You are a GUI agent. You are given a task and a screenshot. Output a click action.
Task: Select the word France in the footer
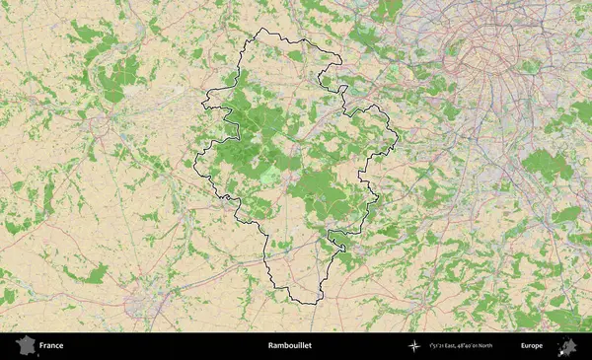pos(51,346)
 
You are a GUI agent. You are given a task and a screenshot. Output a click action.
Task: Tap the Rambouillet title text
pos(289,346)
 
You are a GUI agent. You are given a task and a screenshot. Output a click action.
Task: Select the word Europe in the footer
pos(532,346)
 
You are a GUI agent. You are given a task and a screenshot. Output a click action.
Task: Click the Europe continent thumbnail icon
pos(567,346)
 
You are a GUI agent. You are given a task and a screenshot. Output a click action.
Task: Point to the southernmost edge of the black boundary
pos(296,302)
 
